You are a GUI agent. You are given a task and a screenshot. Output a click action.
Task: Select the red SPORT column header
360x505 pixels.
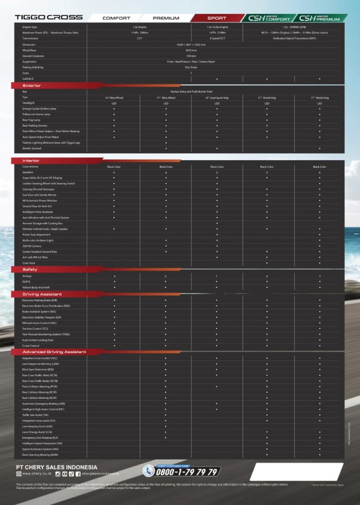tap(216, 18)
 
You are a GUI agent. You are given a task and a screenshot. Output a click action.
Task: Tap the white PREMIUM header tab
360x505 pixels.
tap(166, 18)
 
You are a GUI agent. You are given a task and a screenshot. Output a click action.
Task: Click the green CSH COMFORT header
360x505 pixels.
tap(269, 18)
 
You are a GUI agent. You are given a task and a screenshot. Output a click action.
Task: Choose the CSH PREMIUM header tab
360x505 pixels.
tap(320, 18)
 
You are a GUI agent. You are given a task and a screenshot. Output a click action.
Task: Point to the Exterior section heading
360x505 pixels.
tap(32, 85)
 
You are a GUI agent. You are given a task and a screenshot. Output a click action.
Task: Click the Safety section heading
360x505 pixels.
tap(30, 269)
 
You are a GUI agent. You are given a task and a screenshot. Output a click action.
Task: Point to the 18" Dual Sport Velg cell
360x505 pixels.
tap(216, 98)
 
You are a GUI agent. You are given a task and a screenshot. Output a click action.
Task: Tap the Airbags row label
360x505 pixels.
tap(27, 276)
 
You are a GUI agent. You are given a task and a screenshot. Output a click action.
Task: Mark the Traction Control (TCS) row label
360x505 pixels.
tap(35, 328)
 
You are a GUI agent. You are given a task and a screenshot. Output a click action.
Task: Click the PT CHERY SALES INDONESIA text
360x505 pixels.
tap(56, 467)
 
